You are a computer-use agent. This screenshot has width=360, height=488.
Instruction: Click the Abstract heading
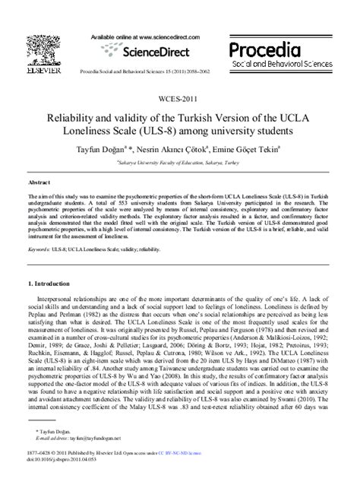pyautogui.click(x=39, y=184)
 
